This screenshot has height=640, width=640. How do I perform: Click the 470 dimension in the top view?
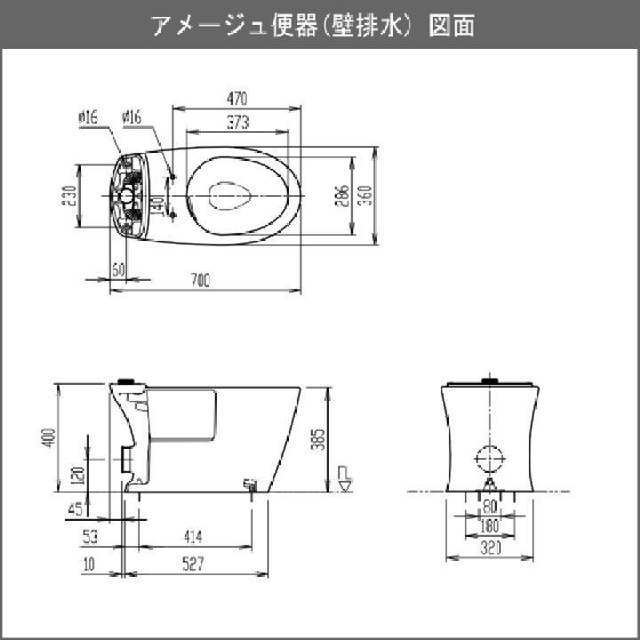pos(236,98)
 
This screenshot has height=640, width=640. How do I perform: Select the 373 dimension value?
pos(236,122)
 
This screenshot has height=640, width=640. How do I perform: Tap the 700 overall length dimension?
pos(200,281)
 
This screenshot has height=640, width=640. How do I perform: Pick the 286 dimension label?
pos(342,196)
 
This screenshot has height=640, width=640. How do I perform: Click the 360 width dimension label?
pos(364,196)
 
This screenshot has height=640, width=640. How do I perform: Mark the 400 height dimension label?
pos(48,437)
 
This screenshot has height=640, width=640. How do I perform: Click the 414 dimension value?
pos(192,537)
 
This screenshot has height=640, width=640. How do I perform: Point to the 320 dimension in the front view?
pos(489,549)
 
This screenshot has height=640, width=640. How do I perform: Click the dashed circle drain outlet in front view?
pos(490,459)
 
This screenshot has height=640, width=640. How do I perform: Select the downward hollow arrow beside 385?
pos(346,477)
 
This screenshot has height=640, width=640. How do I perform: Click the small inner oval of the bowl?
pos(232,194)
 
